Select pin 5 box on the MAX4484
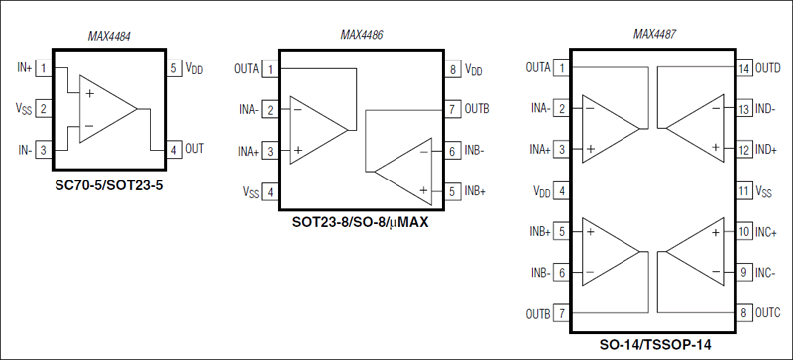point(173,68)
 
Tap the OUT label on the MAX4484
point(194,148)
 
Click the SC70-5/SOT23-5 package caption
point(109,184)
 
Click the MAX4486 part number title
point(361,35)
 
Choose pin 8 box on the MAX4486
point(452,70)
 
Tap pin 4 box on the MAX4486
point(270,191)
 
